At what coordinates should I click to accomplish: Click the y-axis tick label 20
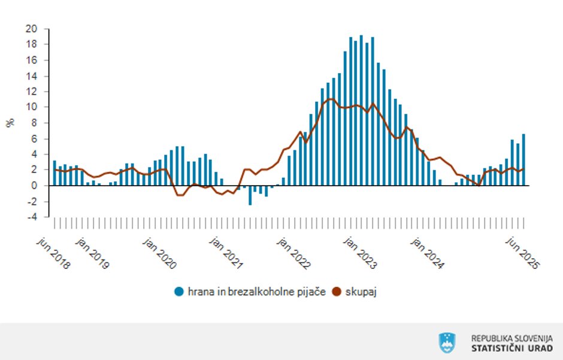[x=32, y=29]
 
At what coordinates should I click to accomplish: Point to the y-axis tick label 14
[x=32, y=76]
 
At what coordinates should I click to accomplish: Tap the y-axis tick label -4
[x=32, y=217]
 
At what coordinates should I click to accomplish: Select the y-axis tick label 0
[x=35, y=186]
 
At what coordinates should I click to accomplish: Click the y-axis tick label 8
[x=35, y=123]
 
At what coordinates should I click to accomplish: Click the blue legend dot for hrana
[x=179, y=292]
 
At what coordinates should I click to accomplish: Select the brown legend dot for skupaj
[x=337, y=292]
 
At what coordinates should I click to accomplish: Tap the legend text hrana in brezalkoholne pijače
[x=257, y=292]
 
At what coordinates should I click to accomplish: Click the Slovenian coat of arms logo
[x=447, y=342]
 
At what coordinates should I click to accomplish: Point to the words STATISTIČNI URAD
[x=512, y=348]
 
